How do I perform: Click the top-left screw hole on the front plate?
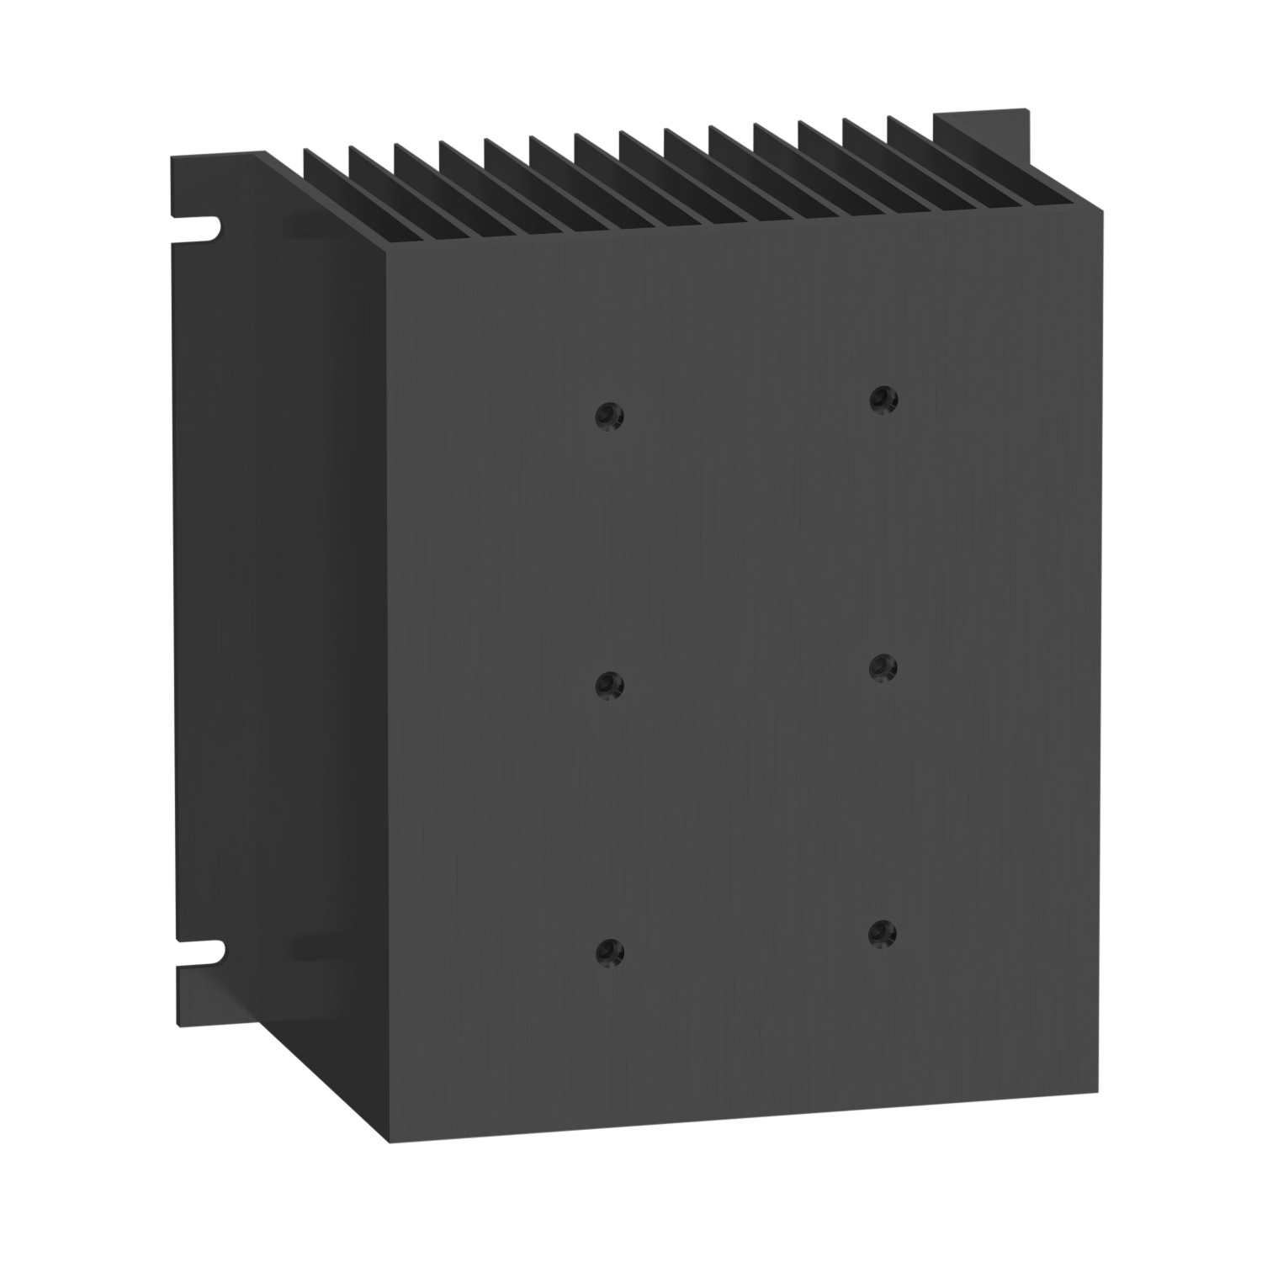click(x=607, y=416)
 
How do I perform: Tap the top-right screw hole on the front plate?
click(x=883, y=397)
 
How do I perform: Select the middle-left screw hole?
click(x=606, y=685)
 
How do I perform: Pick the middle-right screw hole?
click(x=881, y=667)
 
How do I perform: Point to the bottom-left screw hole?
click(x=605, y=952)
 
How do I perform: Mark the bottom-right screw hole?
click(x=880, y=931)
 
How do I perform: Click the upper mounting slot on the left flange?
click(x=203, y=225)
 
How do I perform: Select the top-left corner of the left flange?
click(x=172, y=157)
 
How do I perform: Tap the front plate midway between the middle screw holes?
click(x=744, y=676)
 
